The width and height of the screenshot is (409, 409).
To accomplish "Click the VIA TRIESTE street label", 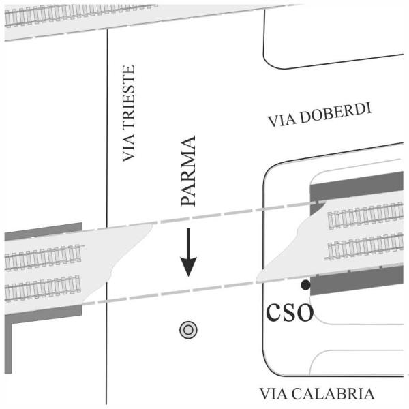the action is (129, 114).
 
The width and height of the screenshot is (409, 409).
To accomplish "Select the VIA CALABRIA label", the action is (317, 394).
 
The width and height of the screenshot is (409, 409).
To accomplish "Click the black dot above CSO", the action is (306, 284).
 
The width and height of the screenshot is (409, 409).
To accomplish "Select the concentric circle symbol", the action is (189, 330).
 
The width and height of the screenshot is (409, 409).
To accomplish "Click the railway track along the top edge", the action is (82, 16).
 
